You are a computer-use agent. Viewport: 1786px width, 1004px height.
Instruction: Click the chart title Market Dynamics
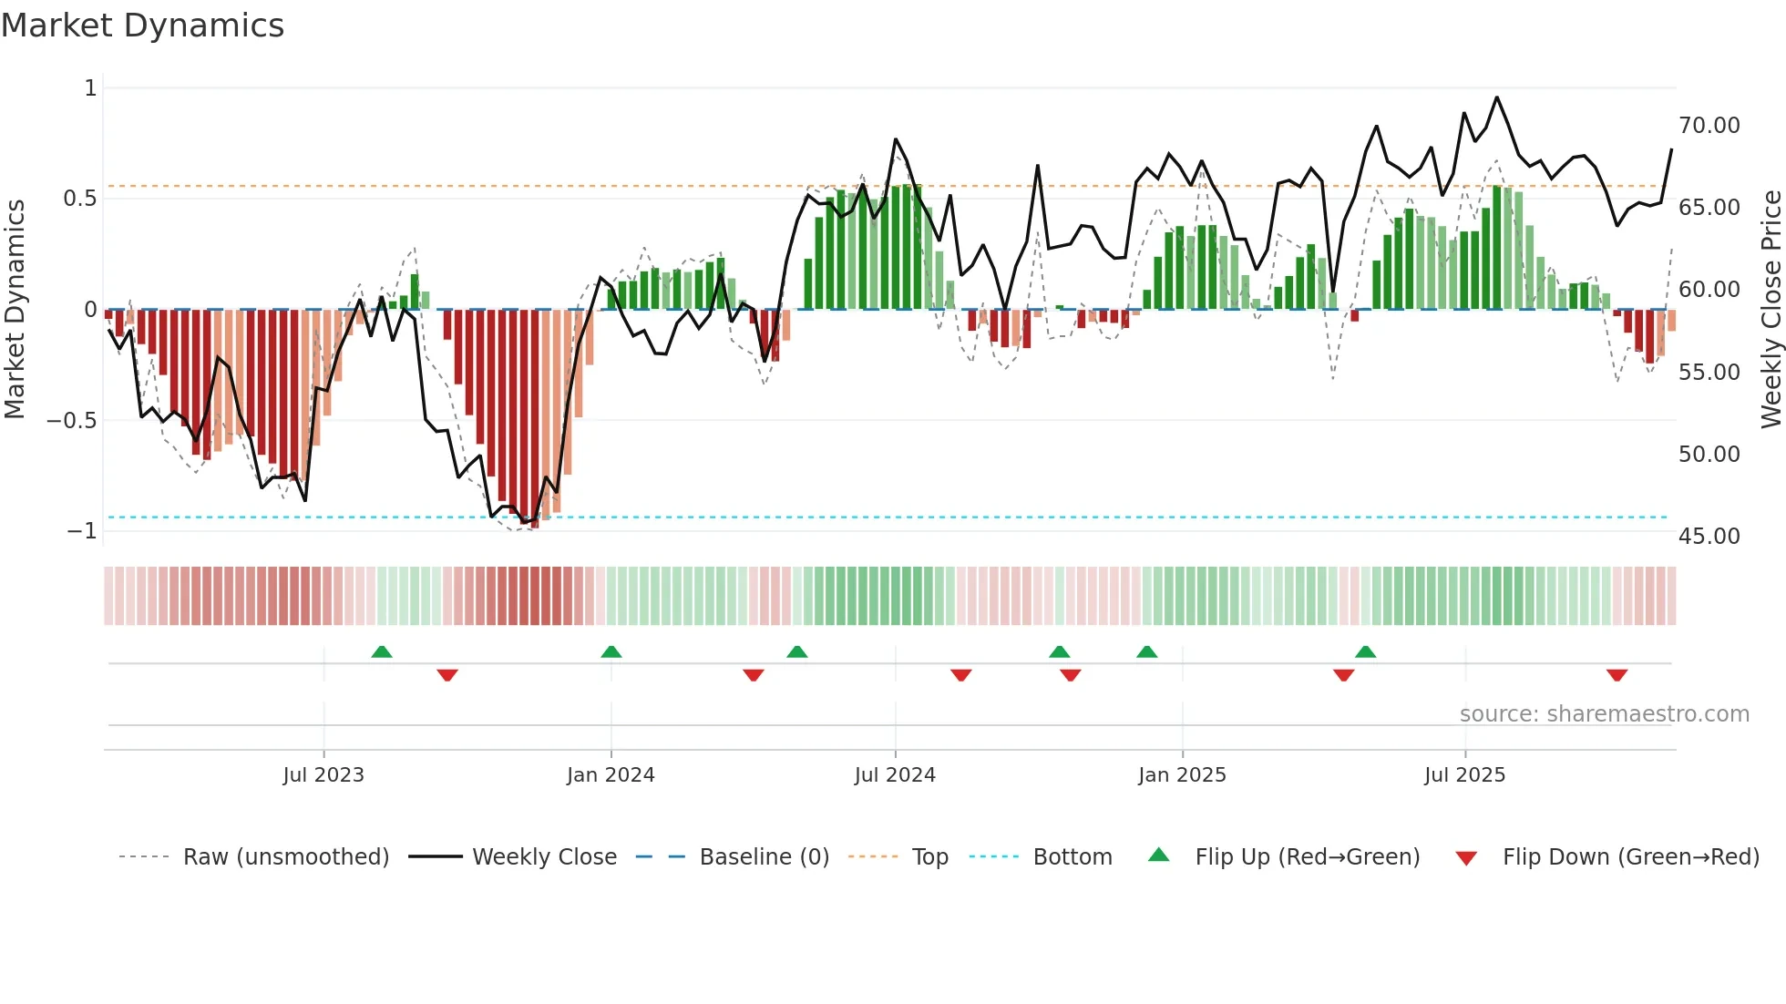click(x=143, y=26)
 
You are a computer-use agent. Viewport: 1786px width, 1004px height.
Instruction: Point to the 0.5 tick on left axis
click(x=79, y=199)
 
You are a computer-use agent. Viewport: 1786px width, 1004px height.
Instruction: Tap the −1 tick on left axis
click(x=81, y=530)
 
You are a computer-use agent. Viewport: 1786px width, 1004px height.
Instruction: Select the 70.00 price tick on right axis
click(x=1709, y=126)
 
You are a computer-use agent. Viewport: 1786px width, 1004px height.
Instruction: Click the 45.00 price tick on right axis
click(x=1709, y=537)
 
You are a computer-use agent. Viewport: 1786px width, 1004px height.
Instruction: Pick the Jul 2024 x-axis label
click(x=894, y=775)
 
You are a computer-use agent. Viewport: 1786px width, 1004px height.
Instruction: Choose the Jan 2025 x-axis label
click(x=1181, y=775)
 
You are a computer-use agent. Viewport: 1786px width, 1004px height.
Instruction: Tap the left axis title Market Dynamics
click(x=15, y=310)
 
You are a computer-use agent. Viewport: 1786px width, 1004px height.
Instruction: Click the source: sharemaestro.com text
click(x=1604, y=714)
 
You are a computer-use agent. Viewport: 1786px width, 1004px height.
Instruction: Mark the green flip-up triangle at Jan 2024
click(x=611, y=652)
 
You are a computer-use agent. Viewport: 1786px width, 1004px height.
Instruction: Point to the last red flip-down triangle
click(x=1617, y=675)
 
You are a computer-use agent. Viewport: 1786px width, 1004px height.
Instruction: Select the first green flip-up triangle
click(x=382, y=652)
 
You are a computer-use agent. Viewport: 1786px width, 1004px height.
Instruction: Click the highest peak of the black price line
click(x=1496, y=97)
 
